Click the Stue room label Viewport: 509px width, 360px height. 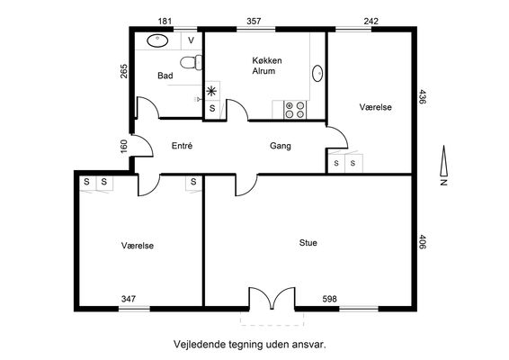click(x=308, y=243)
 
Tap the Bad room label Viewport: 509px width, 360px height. click(x=165, y=76)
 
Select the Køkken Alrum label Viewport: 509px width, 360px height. click(x=267, y=66)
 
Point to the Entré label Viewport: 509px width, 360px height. click(x=183, y=146)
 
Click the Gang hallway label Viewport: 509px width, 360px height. click(x=281, y=146)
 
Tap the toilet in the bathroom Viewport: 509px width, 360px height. click(x=192, y=62)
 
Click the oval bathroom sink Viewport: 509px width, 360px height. click(x=157, y=40)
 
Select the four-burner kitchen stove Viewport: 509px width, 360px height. click(x=295, y=110)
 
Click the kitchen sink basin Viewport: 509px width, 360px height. click(x=317, y=74)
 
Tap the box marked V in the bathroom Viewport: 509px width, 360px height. click(x=192, y=40)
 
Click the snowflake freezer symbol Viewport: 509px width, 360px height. click(x=211, y=91)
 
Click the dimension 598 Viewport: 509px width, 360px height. click(x=330, y=299)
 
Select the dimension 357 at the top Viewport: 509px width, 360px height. click(x=254, y=21)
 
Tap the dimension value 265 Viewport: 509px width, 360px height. click(x=124, y=71)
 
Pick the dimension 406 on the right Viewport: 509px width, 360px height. click(x=423, y=242)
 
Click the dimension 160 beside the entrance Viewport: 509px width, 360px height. click(x=124, y=146)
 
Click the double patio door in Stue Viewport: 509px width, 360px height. click(x=272, y=298)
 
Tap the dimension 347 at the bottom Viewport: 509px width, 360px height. click(x=129, y=299)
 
